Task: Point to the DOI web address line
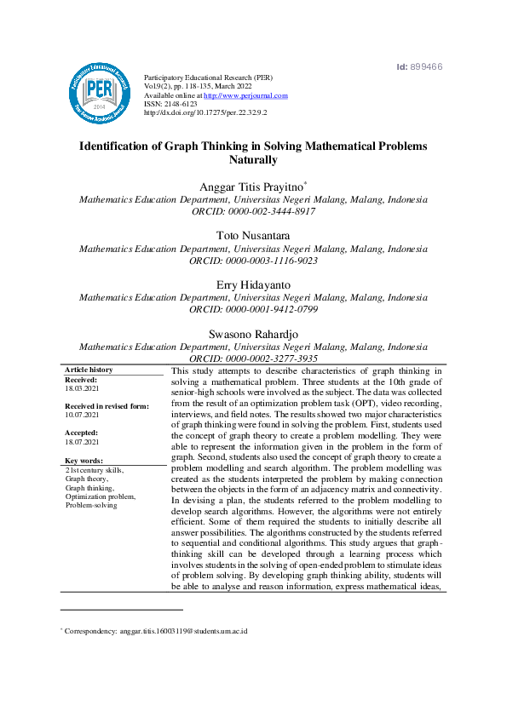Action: [205, 112]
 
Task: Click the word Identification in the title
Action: [118, 146]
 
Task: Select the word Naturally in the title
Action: [253, 160]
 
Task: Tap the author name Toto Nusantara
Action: [253, 234]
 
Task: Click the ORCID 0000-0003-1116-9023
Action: [253, 261]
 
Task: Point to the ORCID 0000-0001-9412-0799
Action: [253, 309]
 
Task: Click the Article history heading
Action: [89, 370]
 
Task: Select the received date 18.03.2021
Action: [83, 388]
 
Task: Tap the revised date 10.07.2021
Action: [83, 415]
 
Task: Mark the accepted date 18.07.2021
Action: [83, 442]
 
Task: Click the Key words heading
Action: [84, 461]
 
